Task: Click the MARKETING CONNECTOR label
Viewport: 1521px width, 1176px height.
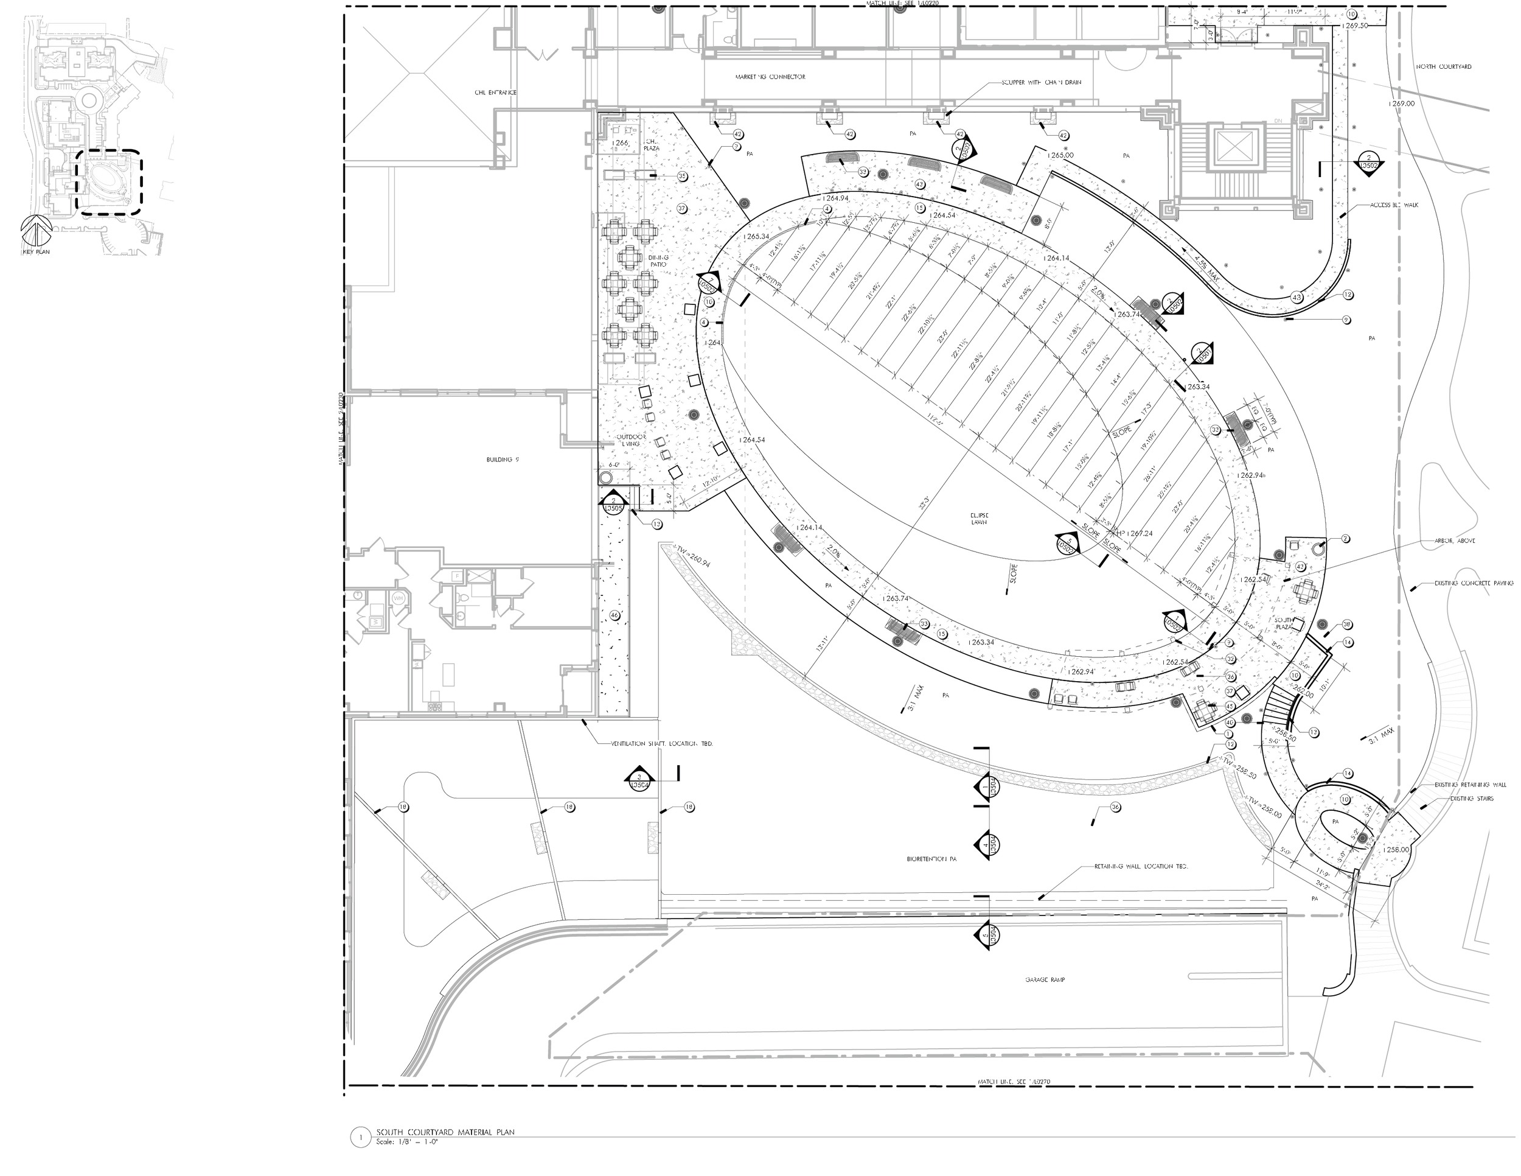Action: click(x=770, y=77)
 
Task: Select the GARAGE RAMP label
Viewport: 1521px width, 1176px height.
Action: click(x=1045, y=979)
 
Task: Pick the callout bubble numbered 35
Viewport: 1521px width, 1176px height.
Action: click(x=682, y=177)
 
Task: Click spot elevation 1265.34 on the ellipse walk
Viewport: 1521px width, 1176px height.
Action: click(x=756, y=236)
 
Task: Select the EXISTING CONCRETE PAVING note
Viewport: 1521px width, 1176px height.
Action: click(x=1473, y=583)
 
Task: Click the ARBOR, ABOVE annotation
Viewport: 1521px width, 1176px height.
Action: click(x=1454, y=541)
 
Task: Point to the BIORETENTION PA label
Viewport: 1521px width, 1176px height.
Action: click(x=932, y=859)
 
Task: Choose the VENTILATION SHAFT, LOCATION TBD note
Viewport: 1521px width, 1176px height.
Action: click(x=661, y=744)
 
